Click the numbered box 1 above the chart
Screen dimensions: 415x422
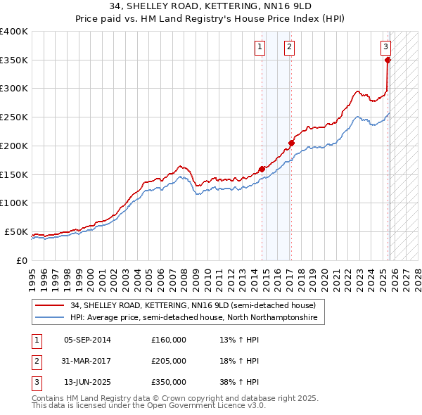260,47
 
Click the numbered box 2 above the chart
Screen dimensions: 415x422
289,47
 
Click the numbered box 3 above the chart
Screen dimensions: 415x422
385,47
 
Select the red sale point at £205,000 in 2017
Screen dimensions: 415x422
291,143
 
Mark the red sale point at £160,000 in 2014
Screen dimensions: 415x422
262,169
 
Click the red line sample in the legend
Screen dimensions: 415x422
50,305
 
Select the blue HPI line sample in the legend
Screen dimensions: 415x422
50,318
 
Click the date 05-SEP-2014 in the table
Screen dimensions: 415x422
87,340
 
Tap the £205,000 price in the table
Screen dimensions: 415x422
169,361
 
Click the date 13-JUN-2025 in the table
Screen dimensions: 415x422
87,382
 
